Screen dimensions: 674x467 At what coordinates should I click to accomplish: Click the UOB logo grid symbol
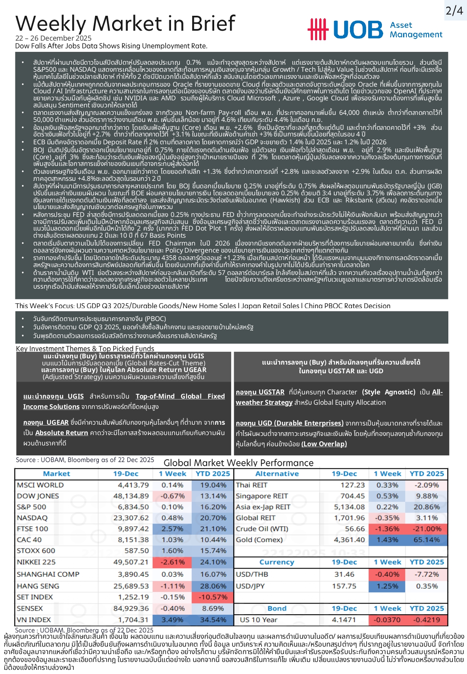318,29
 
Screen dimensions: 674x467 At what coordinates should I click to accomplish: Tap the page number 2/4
454,11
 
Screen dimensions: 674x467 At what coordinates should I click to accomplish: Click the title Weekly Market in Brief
125,24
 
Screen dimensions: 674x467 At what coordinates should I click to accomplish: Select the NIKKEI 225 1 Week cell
172,562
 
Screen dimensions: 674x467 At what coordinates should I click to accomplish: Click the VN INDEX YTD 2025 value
213,620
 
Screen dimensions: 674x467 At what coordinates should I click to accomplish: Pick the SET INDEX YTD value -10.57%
213,597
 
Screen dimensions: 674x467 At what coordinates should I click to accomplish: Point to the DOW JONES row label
38,496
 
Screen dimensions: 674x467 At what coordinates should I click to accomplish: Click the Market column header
56,474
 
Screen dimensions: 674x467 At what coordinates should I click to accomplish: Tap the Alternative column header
277,474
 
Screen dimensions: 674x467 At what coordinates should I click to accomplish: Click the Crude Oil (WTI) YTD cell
427,529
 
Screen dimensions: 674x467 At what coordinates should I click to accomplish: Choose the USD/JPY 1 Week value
387,586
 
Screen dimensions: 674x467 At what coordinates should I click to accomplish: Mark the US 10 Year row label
258,620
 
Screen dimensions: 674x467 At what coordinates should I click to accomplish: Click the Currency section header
276,562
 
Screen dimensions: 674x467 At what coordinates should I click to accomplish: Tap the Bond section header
277,608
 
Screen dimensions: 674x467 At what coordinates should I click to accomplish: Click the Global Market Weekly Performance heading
238,463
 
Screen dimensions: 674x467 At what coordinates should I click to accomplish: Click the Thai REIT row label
252,485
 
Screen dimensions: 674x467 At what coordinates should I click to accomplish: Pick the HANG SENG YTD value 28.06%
213,586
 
